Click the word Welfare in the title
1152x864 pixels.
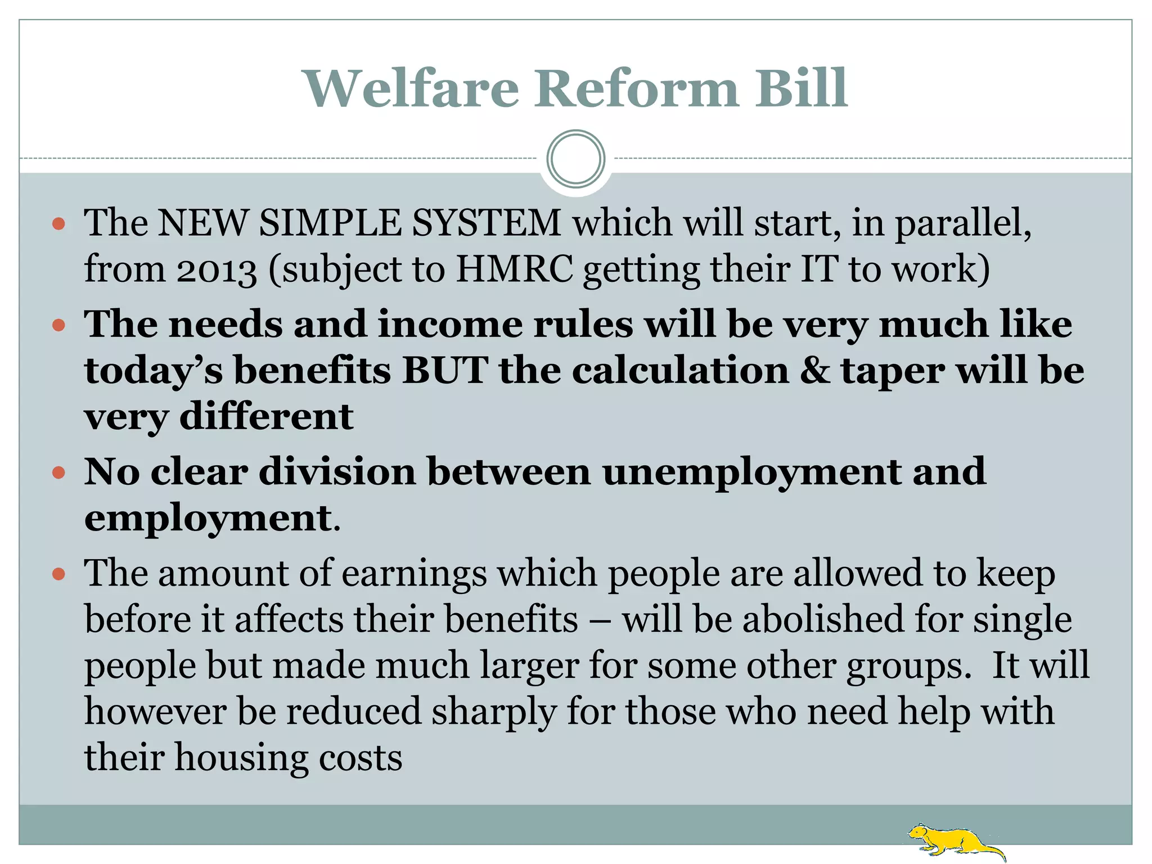[411, 88]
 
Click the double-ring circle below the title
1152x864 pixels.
[575, 159]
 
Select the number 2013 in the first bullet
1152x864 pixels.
[217, 269]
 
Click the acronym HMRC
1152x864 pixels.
[514, 268]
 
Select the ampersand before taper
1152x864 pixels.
[814, 371]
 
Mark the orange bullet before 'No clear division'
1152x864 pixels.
[58, 472]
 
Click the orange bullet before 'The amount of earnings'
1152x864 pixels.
[58, 574]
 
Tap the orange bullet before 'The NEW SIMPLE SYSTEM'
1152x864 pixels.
[58, 224]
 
